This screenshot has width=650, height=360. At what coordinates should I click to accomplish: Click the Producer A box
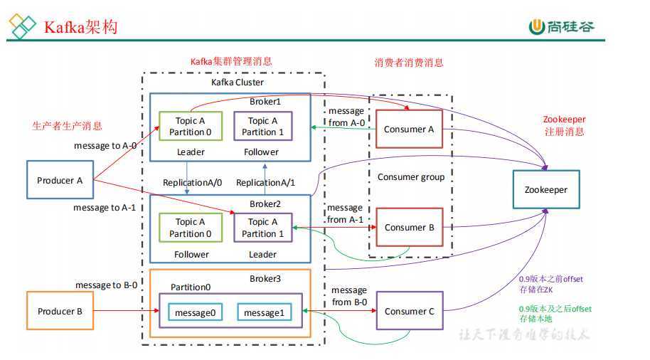[x=60, y=181]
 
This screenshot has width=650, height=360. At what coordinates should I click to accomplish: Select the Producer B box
[x=60, y=311]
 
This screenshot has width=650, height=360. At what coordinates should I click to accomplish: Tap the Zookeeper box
[x=546, y=190]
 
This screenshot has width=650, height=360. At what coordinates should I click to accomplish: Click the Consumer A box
[x=409, y=129]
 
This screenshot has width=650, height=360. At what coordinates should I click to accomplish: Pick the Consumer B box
[x=409, y=228]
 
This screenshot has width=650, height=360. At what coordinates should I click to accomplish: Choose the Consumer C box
[x=409, y=311]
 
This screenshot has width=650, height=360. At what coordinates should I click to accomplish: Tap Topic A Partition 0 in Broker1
[x=190, y=127]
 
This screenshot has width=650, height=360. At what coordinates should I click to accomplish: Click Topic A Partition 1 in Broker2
[x=262, y=228]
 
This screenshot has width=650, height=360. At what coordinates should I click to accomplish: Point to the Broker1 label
[x=265, y=102]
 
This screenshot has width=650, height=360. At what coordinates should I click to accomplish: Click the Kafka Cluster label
[x=237, y=83]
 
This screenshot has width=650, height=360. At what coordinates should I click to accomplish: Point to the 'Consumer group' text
[x=410, y=176]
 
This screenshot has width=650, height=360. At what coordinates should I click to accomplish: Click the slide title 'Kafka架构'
[x=80, y=27]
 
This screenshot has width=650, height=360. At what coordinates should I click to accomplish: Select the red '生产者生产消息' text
[x=67, y=126]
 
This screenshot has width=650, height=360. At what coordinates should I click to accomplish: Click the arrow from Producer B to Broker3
[x=124, y=311]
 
